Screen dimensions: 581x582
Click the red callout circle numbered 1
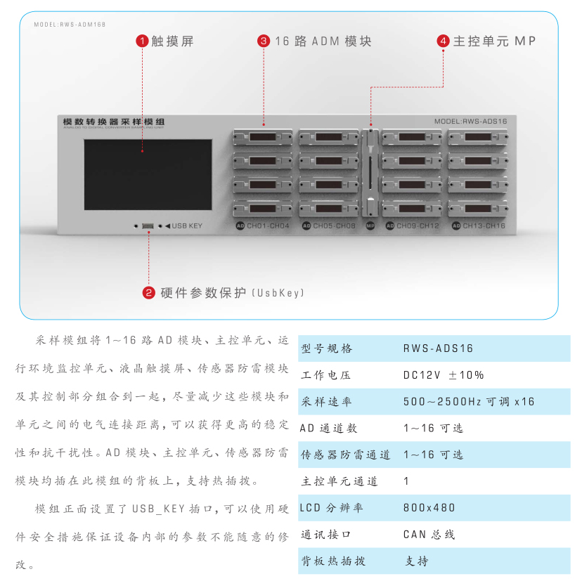click(142, 41)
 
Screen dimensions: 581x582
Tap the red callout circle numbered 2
click(149, 292)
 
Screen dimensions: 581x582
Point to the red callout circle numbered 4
click(444, 41)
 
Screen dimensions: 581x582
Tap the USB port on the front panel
click(148, 226)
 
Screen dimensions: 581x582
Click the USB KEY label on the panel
click(186, 226)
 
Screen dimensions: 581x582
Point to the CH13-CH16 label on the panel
click(484, 226)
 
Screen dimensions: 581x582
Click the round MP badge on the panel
click(370, 226)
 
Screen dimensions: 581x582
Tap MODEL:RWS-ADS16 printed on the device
click(470, 122)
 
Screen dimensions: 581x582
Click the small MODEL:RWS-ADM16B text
click(70, 25)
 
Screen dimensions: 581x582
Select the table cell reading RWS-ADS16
click(438, 348)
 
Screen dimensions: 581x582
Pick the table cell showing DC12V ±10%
click(443, 375)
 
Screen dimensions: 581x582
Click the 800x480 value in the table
click(429, 508)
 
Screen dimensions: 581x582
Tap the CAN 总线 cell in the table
click(429, 535)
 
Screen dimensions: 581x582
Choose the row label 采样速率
click(326, 402)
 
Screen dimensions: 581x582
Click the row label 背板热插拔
click(333, 561)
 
